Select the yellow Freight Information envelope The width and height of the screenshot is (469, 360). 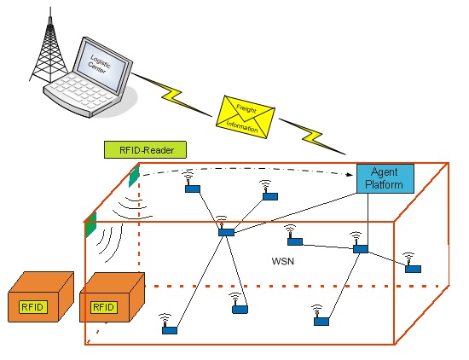(x=246, y=117)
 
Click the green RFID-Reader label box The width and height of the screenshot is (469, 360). (x=145, y=149)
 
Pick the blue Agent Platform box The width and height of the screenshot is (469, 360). (x=385, y=178)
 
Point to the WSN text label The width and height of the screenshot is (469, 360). (x=283, y=261)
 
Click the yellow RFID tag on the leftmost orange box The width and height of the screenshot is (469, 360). (x=33, y=307)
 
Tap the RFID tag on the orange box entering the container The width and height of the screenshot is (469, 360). (x=104, y=307)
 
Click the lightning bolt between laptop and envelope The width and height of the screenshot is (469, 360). (x=171, y=95)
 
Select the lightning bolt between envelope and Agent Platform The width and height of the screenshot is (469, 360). (x=313, y=136)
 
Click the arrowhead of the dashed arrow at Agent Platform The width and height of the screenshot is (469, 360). (x=351, y=175)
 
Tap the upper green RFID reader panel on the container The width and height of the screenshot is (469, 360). (x=134, y=177)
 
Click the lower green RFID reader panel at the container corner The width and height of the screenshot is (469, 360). (x=91, y=224)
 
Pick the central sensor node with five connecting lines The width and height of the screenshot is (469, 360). (x=226, y=232)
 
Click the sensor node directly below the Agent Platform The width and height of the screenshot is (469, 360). (x=361, y=249)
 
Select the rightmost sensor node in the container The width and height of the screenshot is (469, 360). (x=413, y=269)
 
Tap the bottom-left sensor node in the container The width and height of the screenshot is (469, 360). (x=170, y=330)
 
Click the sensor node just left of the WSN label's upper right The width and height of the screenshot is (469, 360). (x=295, y=241)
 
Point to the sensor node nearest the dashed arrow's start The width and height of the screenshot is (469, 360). (x=193, y=189)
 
